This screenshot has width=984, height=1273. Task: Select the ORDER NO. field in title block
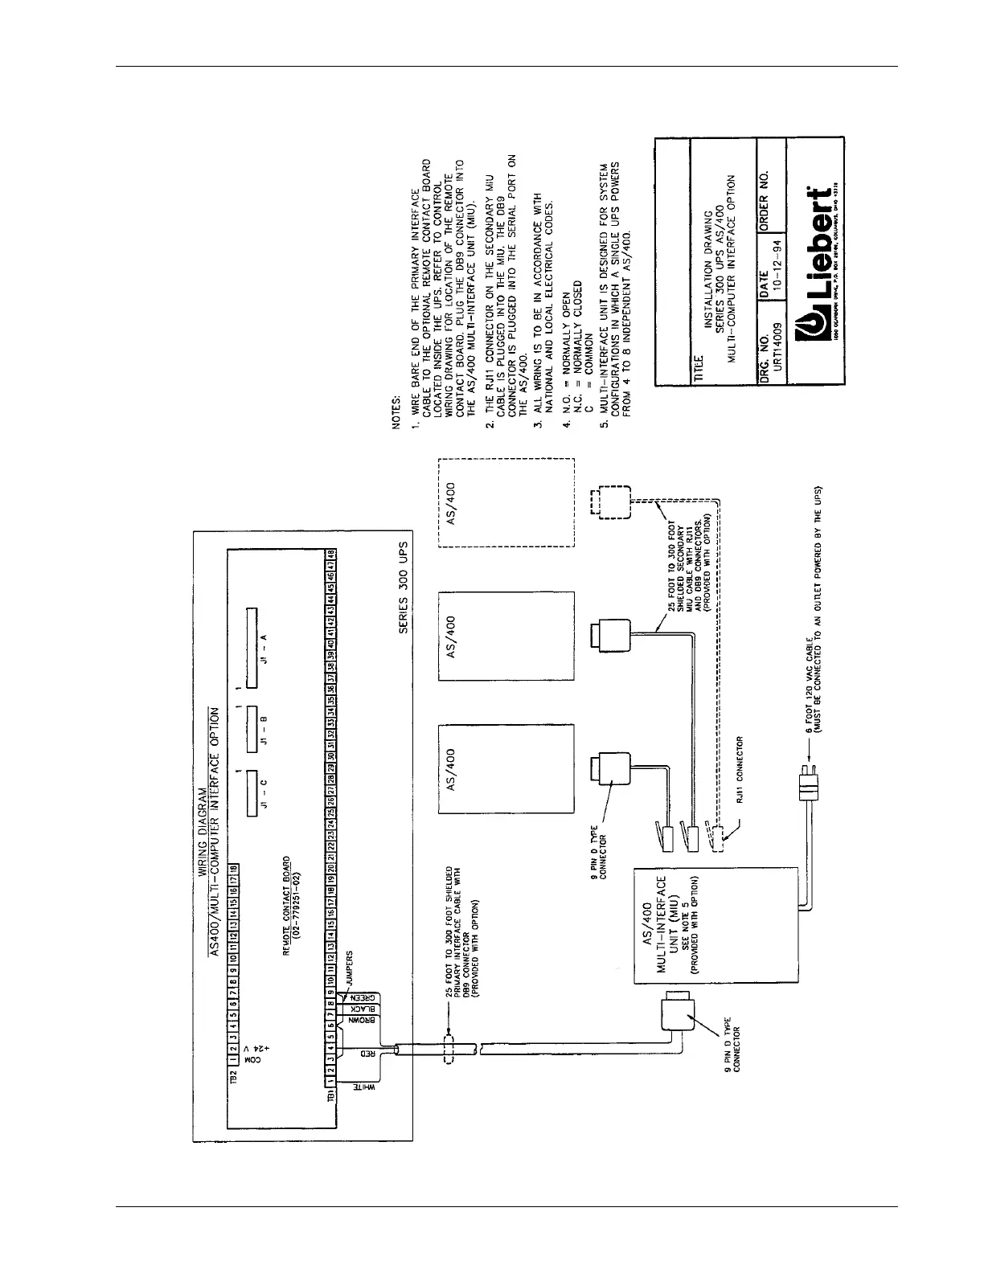(764, 197)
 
